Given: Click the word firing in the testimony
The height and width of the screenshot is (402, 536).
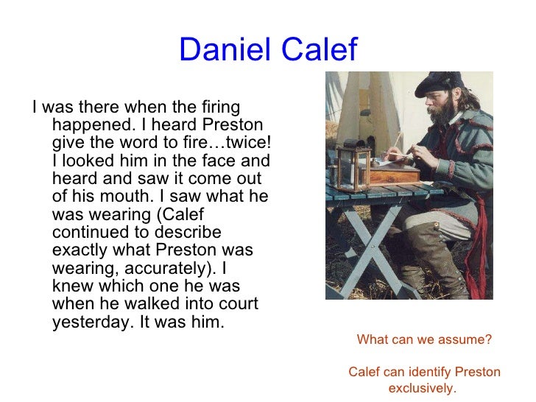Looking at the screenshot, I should [219, 108].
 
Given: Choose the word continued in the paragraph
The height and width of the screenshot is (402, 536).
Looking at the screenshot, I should [88, 232].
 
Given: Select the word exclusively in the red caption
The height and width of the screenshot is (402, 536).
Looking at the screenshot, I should [423, 388].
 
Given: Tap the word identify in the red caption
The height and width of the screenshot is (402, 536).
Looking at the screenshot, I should [426, 372].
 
